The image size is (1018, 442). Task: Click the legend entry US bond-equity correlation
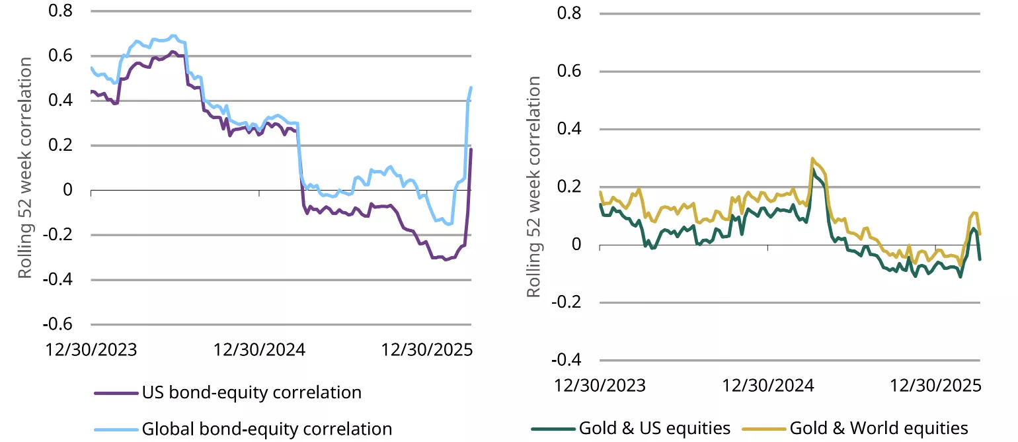pyautogui.click(x=251, y=392)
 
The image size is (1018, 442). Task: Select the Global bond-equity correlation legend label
pyautogui.click(x=266, y=428)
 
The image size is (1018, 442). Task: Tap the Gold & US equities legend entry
pyautogui.click(x=654, y=428)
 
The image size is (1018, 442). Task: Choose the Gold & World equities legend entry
pyautogui.click(x=879, y=428)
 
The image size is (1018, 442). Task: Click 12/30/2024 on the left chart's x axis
pyautogui.click(x=260, y=349)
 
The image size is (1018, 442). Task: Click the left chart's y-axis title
pyautogui.click(x=25, y=168)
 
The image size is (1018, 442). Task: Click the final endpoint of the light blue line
pyautogui.click(x=471, y=87)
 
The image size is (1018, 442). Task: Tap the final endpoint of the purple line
pyautogui.click(x=471, y=150)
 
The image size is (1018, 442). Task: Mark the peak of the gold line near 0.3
pyautogui.click(x=812, y=159)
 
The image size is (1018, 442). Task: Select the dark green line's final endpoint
pyautogui.click(x=980, y=259)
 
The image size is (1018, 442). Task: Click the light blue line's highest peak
pyautogui.click(x=173, y=35)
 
